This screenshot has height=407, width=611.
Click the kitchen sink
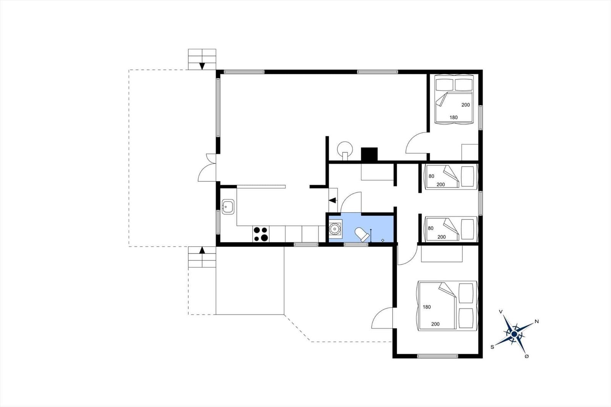pos(228,207)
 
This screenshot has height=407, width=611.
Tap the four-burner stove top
pos(261,234)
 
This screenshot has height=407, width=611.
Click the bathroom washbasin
pos(335,229)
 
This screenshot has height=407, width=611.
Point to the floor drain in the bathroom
pos(383,240)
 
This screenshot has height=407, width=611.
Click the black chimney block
pos(369,154)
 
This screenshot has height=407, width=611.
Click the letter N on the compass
pos(537,321)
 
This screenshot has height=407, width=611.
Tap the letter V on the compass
pos(501,312)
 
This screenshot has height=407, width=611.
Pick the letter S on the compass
pos(492,347)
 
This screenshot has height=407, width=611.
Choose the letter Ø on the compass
pos(527,356)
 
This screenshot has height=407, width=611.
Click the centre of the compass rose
pos(514,334)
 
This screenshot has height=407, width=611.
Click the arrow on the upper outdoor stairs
pos(202,66)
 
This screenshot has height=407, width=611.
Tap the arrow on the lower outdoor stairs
pos(202,250)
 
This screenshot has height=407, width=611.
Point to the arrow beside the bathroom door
pos(333,200)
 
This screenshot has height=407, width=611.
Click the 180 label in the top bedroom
pos(454,118)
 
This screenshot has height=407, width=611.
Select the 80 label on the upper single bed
pos(431,176)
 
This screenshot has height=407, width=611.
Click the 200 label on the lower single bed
pos(441,237)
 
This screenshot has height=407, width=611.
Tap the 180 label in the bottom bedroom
pos(427,307)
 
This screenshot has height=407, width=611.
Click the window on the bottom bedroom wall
pos(438,356)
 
